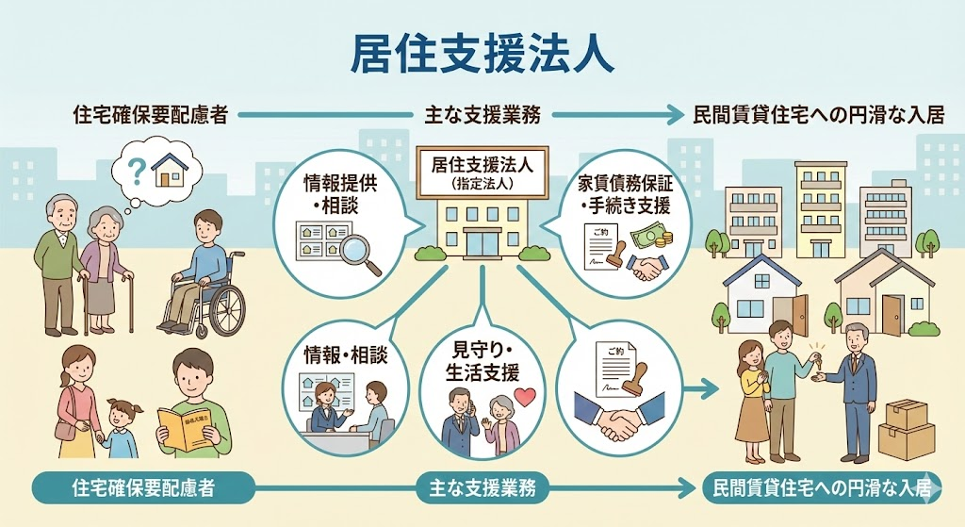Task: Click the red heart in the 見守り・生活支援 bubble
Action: [x=526, y=397]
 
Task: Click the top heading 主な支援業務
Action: [x=482, y=115]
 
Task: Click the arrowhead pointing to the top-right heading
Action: [x=677, y=115]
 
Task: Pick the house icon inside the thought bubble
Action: [x=171, y=169]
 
